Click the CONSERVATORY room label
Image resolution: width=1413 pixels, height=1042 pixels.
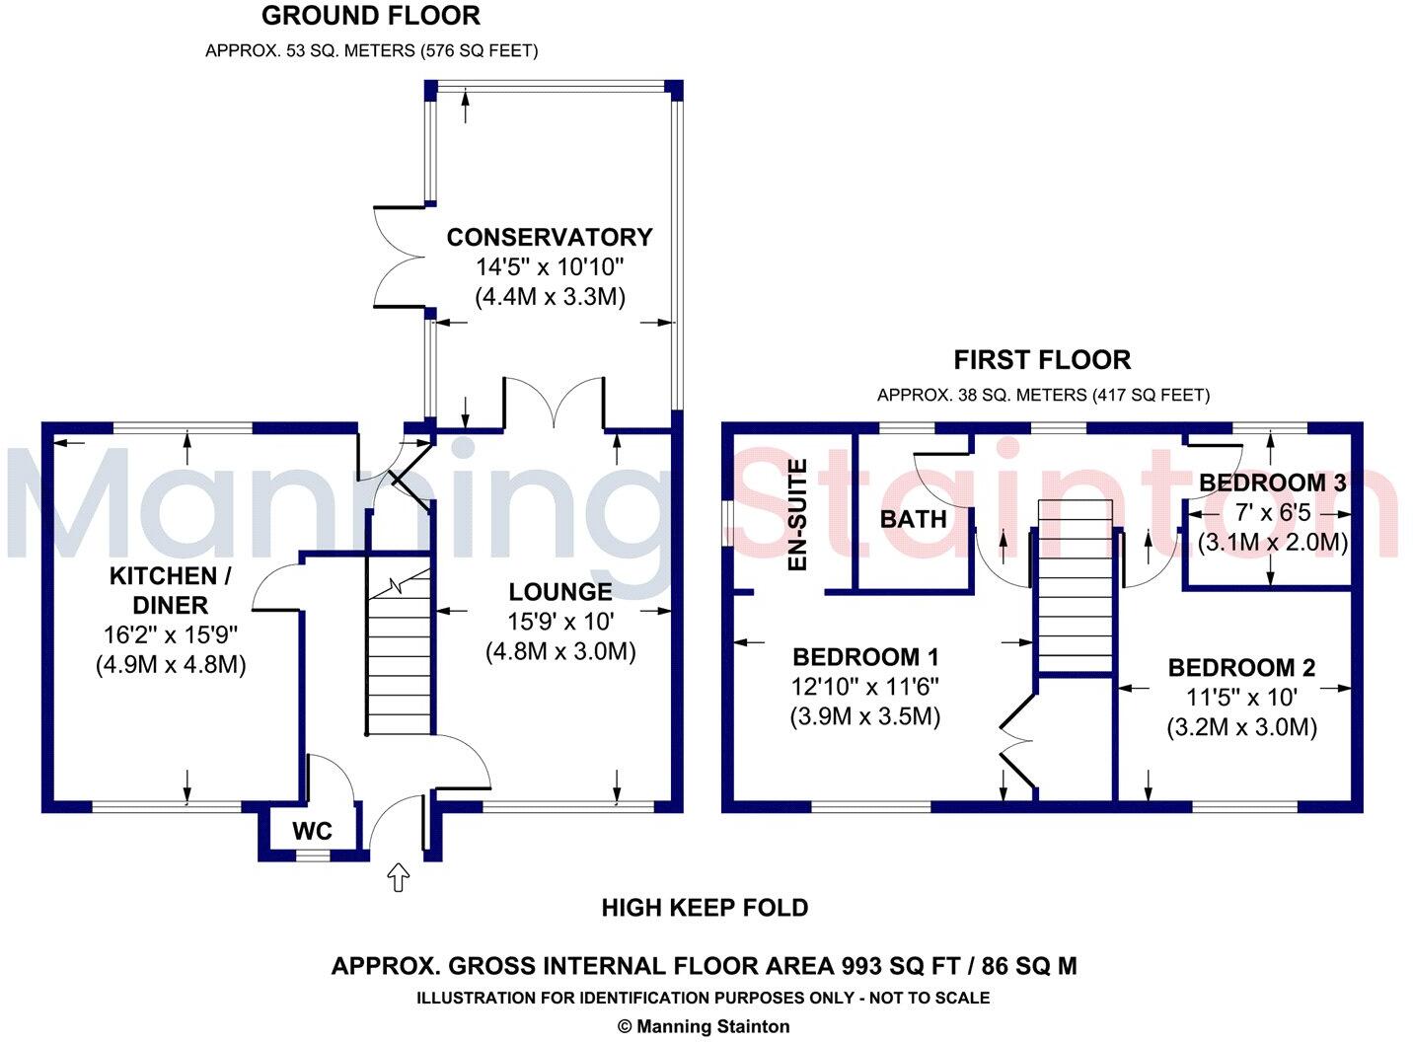(550, 237)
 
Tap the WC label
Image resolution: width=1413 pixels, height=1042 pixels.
(312, 831)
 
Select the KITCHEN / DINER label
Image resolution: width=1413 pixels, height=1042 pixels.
(163, 590)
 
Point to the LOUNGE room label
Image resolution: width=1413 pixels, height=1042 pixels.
(559, 592)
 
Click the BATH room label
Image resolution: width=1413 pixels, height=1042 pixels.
(913, 519)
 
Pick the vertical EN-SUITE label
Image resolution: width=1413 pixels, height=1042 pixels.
(797, 515)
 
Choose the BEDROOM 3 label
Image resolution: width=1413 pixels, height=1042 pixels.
(1272, 483)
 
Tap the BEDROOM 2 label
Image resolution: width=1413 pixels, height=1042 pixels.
(1241, 668)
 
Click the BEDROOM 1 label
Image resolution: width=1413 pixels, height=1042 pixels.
(865, 657)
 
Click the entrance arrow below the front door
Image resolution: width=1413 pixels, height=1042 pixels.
(399, 876)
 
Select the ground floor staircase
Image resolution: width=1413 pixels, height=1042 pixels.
(400, 651)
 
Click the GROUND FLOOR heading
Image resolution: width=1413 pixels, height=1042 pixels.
(371, 16)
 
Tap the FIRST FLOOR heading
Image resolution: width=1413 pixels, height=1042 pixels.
(1042, 359)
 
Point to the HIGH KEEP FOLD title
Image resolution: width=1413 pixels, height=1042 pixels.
(705, 908)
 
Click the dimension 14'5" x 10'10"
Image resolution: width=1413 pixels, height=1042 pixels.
(550, 266)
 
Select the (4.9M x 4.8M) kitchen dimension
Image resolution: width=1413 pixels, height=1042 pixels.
(171, 665)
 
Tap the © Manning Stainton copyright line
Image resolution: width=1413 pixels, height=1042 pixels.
(704, 1026)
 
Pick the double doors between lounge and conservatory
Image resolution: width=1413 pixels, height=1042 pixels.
(554, 405)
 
